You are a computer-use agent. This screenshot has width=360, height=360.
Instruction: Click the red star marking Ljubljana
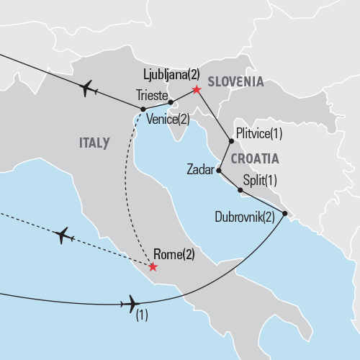(195, 91)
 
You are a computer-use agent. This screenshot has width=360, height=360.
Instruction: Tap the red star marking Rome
(152, 267)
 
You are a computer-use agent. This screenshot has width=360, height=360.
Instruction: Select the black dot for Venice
(144, 109)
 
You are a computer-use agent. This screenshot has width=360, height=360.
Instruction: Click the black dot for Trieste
(171, 102)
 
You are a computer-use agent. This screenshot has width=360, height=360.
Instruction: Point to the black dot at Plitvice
(229, 141)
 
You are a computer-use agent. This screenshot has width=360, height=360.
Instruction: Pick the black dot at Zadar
(219, 171)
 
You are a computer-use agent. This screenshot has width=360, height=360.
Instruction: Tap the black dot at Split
(240, 190)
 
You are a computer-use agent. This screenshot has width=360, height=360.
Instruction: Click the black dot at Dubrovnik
(285, 214)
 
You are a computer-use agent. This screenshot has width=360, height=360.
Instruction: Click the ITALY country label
(94, 143)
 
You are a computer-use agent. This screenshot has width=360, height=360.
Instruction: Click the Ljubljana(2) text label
(170, 74)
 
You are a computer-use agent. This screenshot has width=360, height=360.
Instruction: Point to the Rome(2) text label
(174, 253)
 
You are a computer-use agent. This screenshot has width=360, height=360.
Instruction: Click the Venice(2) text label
(167, 119)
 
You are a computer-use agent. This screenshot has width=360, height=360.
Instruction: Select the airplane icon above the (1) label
(132, 303)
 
